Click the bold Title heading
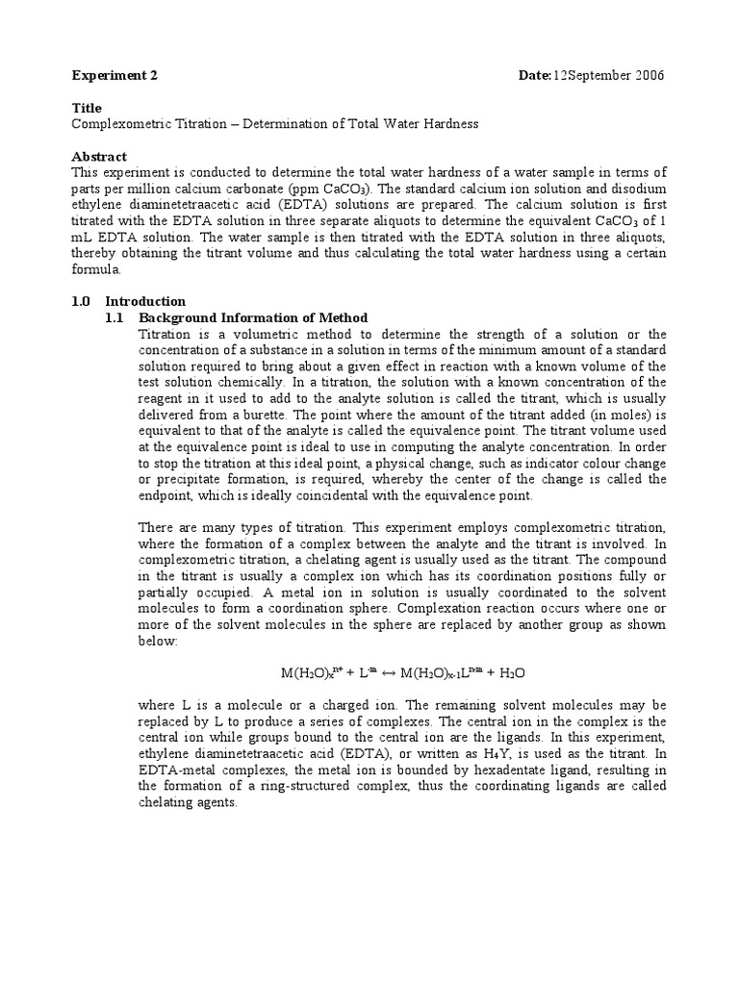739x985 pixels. [87, 108]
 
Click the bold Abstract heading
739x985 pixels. [99, 156]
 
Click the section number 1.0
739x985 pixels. [82, 301]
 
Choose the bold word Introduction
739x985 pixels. [144, 301]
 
